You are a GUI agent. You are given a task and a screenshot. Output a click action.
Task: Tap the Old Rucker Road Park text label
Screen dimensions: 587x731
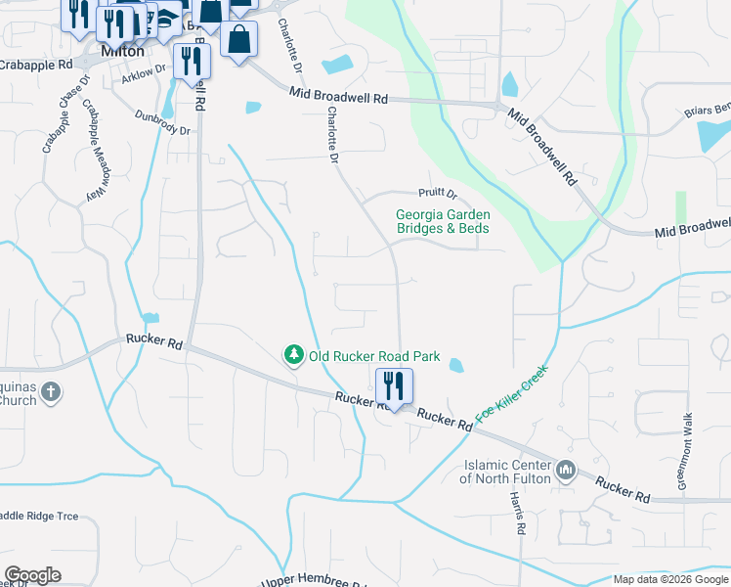(374, 357)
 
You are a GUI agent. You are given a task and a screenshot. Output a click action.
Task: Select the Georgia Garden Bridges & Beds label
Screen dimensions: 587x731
(442, 221)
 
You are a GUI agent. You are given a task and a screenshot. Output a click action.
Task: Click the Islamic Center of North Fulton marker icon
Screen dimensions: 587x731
(566, 472)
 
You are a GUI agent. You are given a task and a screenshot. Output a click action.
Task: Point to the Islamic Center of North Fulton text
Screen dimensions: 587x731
(506, 472)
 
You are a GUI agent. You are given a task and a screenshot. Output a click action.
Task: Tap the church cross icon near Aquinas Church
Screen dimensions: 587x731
(51, 393)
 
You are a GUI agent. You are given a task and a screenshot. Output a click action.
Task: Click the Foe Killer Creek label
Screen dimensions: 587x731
(512, 393)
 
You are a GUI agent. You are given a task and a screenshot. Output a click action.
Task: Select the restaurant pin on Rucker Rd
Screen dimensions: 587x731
(395, 386)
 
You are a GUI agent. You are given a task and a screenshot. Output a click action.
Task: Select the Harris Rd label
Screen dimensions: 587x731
(517, 512)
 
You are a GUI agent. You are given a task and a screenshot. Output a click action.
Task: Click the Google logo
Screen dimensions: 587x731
(32, 575)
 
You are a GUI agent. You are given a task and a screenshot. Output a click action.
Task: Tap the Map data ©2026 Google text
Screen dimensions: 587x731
(669, 579)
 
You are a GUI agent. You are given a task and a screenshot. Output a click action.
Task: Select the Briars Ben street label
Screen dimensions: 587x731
(707, 111)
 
